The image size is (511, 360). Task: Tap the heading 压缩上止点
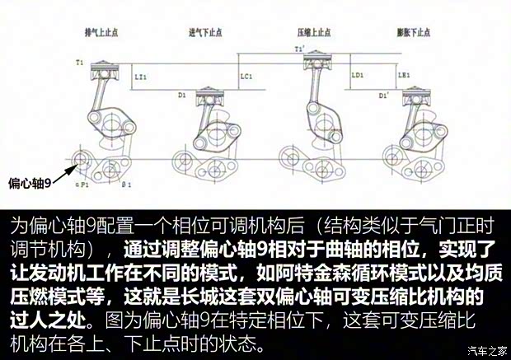314,32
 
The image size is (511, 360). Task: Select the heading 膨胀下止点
412,32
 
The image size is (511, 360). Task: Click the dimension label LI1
140,77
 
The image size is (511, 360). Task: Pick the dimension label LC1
246,77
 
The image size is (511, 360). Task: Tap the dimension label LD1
358,75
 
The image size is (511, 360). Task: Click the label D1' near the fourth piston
384,96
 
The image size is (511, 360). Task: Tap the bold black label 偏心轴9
30,182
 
